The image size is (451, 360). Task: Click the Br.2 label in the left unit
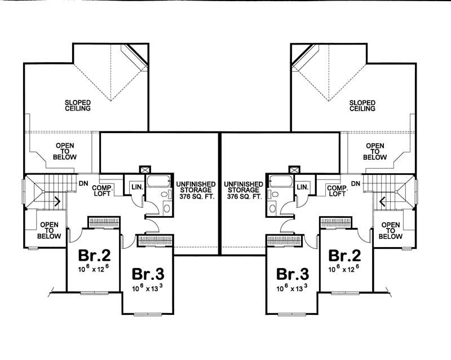[x=93, y=254]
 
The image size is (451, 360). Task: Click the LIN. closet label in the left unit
[x=136, y=187]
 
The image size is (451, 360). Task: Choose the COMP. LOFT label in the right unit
[x=336, y=190]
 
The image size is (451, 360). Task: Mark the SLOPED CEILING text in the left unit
[x=77, y=105]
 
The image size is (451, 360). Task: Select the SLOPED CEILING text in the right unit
[x=362, y=105]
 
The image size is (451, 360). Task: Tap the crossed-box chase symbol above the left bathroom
[x=145, y=169]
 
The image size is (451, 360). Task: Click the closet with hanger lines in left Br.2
[x=103, y=220]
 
